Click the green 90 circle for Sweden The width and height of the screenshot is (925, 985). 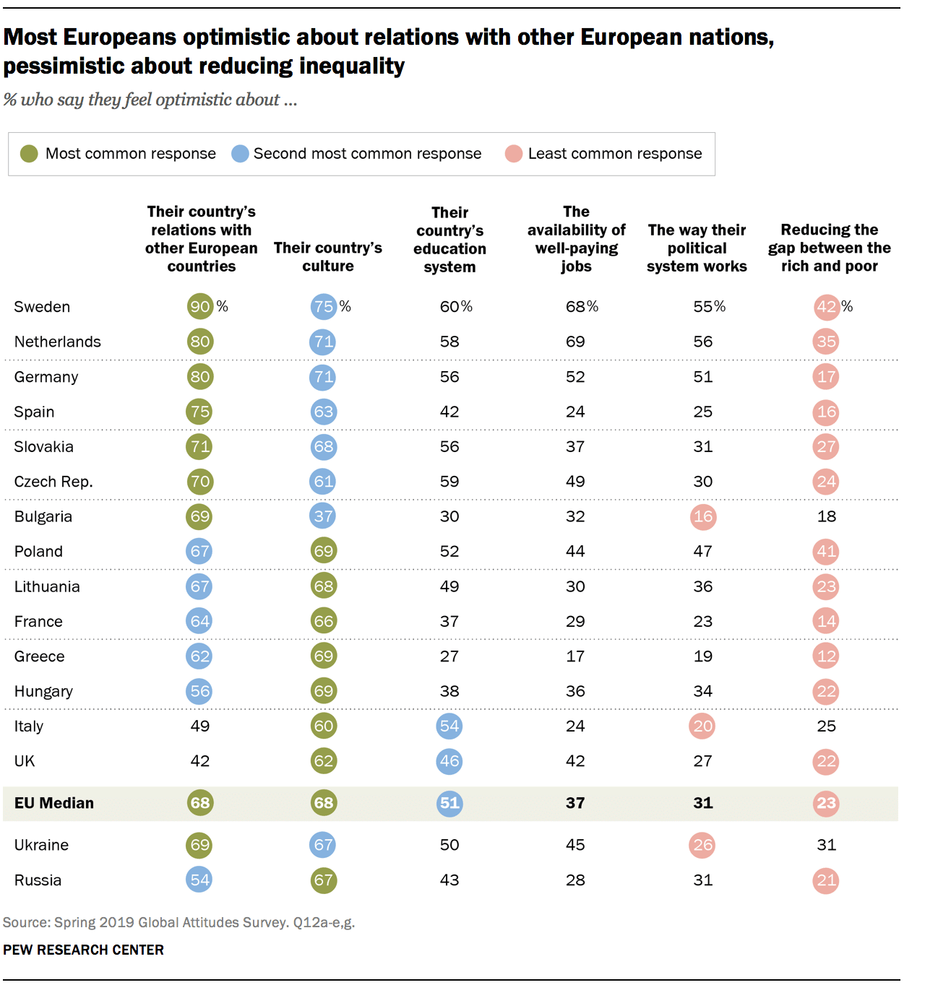point(200,306)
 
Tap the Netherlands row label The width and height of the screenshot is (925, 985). point(58,342)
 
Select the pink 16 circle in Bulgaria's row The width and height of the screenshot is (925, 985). point(702,516)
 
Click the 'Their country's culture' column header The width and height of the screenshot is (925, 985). point(327,257)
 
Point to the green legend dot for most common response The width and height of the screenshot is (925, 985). point(29,154)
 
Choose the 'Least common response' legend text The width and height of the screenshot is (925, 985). point(614,154)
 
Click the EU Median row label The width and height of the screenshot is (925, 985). point(54,803)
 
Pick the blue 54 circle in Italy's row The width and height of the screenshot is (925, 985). point(449,726)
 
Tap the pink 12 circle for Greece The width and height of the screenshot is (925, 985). point(826,656)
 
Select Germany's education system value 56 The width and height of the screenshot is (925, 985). point(449,377)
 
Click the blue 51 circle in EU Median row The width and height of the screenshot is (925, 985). point(449,803)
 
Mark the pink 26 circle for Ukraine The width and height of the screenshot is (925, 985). point(702,845)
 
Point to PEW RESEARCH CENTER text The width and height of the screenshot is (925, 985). point(84,950)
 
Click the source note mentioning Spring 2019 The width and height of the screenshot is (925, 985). point(178,922)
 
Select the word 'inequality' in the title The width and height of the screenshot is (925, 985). point(352,66)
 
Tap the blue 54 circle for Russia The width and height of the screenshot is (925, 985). point(199,880)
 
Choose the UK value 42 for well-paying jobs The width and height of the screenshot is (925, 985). point(575,761)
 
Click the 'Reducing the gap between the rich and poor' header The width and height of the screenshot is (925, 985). point(829,248)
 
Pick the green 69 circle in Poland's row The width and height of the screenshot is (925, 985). point(323,551)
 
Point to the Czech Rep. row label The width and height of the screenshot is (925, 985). point(53,482)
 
